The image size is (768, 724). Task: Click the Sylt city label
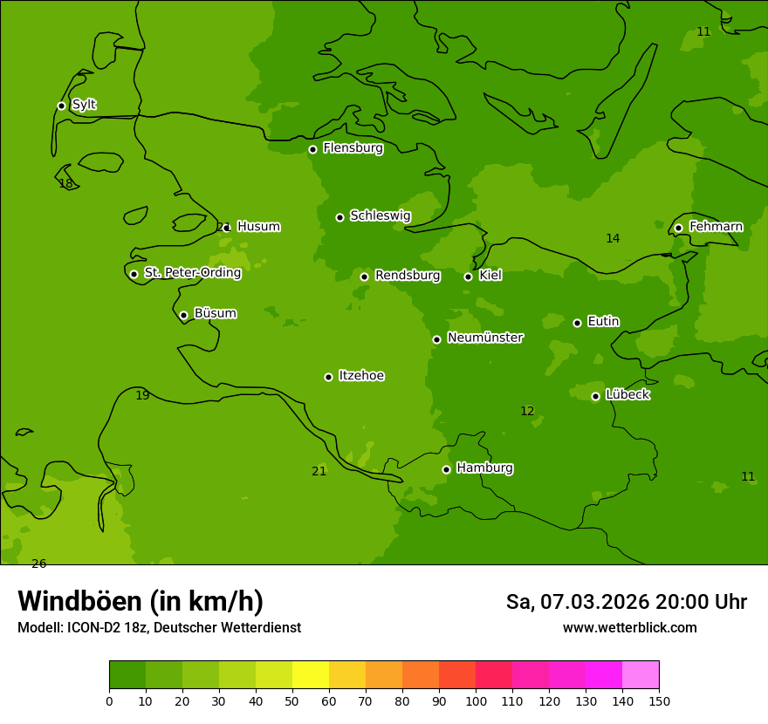pos(84,105)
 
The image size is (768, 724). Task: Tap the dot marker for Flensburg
pos(312,149)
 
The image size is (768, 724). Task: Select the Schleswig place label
pos(380,215)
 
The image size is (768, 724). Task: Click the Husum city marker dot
pos(227,228)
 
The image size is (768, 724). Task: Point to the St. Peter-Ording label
pos(192,273)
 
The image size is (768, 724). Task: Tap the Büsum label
pos(215,313)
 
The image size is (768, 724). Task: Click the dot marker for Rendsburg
pos(364,277)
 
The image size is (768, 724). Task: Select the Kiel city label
pos(490,276)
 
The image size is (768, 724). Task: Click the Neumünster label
pos(485,338)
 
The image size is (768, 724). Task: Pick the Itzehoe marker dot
pos(328,377)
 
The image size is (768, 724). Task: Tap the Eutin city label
pos(603,322)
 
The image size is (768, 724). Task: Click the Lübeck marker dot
pos(595,396)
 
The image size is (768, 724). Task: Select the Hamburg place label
pos(484,468)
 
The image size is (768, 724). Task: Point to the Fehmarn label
pos(716,227)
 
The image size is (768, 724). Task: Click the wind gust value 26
pos(38,563)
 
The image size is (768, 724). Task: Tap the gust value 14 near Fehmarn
pos(613,238)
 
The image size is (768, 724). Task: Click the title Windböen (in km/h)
pos(141,601)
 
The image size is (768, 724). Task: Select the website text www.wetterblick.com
pos(629,627)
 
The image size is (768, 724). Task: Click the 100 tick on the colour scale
pos(476,700)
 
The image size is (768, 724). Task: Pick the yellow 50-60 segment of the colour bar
pos(311,675)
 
